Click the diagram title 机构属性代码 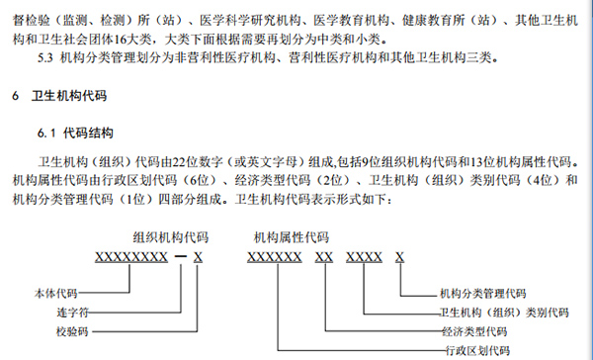click(292, 237)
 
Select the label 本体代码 click(55, 294)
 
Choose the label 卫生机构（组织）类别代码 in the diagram click(504, 312)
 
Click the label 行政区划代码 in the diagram click(474, 349)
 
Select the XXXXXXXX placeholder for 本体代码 click(129, 258)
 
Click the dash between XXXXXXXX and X click(180, 258)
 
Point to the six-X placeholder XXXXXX click(274, 258)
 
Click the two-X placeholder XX click(323, 258)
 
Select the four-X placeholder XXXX click(365, 258)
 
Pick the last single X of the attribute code click(399, 258)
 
